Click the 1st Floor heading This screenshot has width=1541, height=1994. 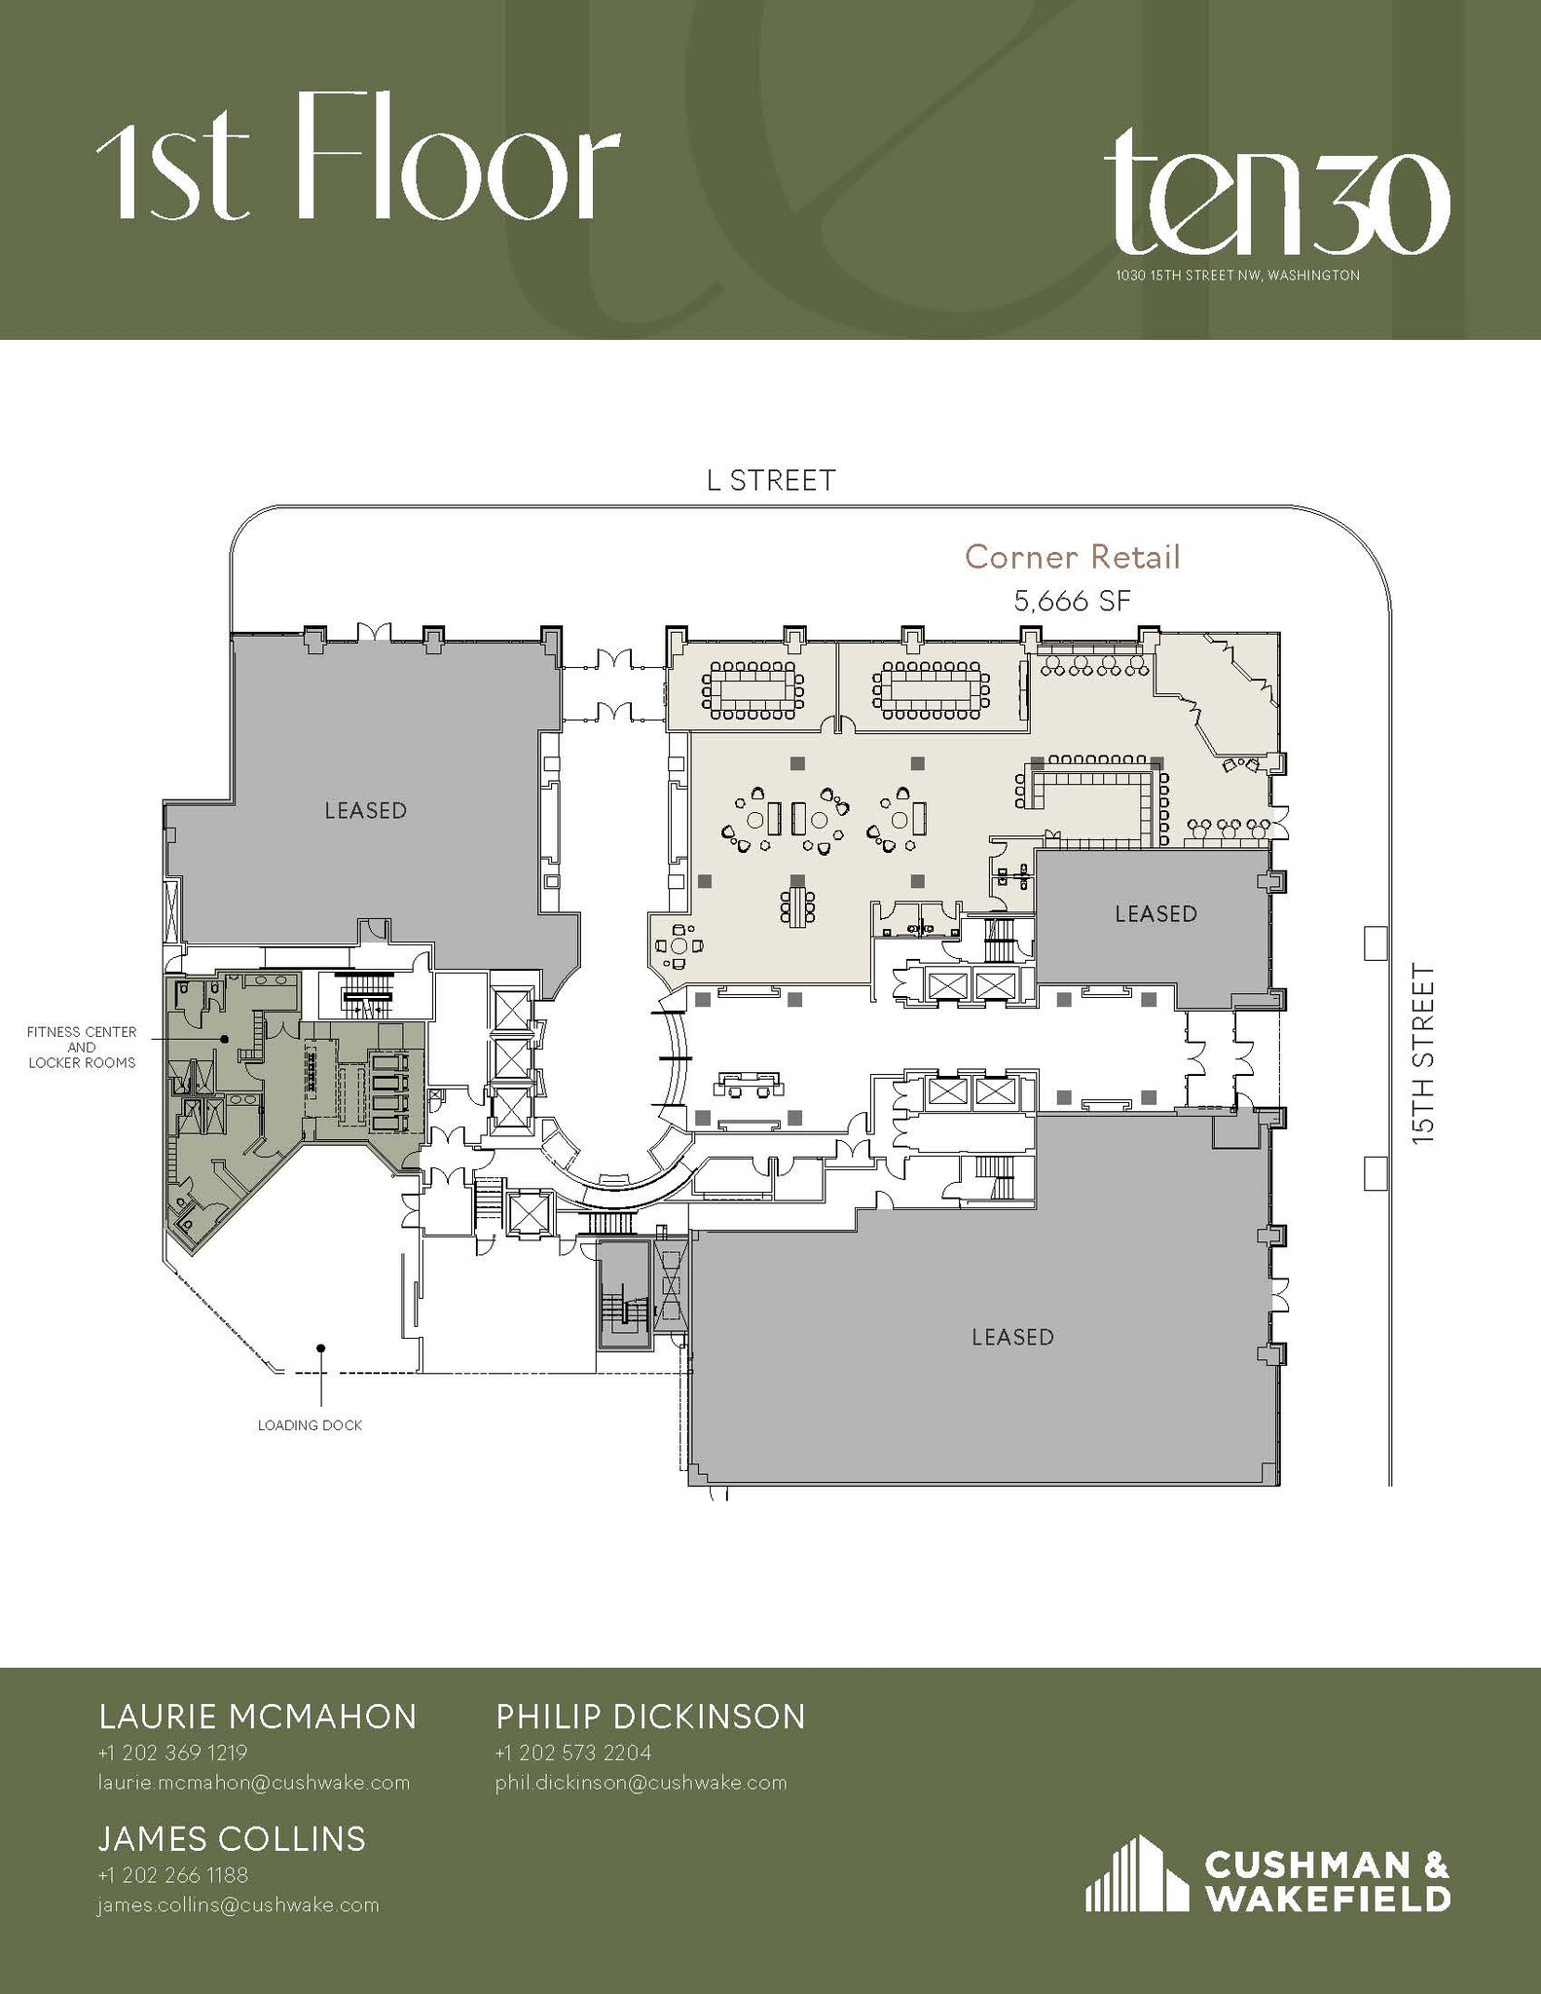pos(358,158)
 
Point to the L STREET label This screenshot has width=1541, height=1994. pos(770,481)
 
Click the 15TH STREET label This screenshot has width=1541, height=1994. pos(1423,1052)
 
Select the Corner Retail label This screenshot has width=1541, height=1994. pos(1072,558)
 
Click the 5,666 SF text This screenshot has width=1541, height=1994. pos(1072,602)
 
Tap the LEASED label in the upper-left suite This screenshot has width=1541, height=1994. pos(365,810)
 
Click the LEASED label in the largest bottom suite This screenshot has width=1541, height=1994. pos(1012,1337)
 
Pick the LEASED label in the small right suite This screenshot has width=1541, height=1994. pos(1156,913)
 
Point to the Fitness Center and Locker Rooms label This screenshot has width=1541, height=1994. pos(82,1048)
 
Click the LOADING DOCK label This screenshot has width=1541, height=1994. pos(310,1425)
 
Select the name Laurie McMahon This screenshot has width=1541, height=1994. pos(258,1717)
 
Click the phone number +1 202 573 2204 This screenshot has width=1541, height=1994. pos(572,1753)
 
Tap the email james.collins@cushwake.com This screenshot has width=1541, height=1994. pos(238,1905)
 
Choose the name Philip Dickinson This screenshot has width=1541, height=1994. pos(650,1717)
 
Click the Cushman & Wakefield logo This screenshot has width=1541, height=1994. pos(1267,1875)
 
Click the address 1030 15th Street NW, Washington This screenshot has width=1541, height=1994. pos(1237,276)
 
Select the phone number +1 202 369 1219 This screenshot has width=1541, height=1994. pos(172,1753)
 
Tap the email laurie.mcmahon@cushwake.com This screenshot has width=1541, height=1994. pos(253,1783)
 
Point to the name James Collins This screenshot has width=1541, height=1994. pos(232,1838)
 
